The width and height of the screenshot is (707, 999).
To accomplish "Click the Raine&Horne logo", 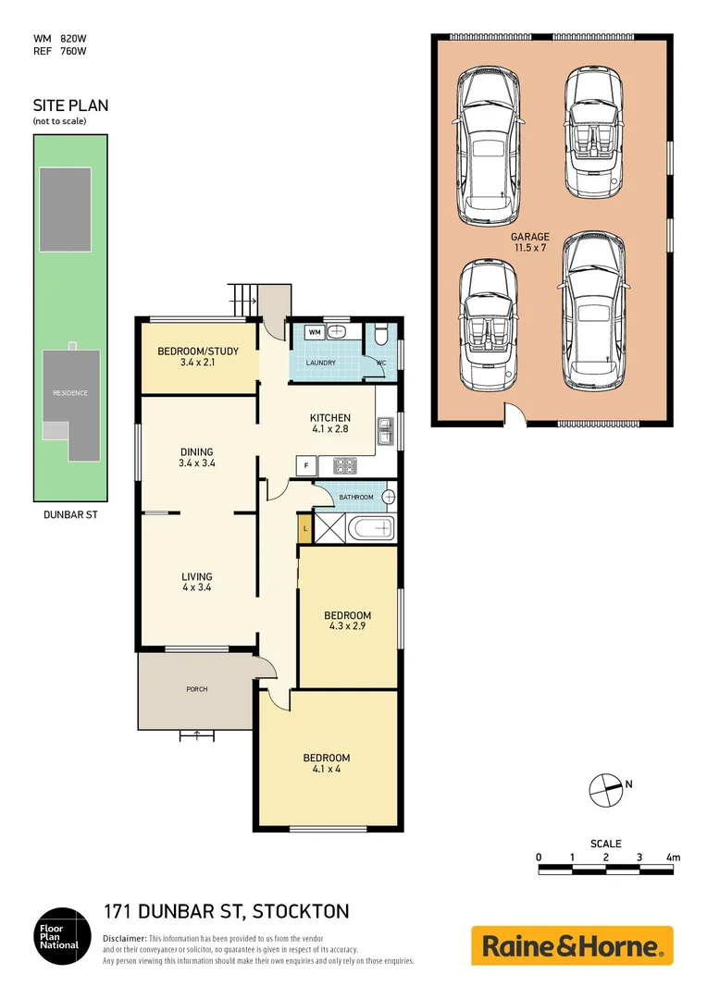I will tap(572, 946).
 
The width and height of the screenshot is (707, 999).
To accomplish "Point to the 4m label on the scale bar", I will tap(673, 857).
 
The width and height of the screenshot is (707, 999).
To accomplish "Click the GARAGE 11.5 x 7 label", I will tap(530, 243).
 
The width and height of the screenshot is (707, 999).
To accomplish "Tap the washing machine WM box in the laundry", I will tap(314, 331).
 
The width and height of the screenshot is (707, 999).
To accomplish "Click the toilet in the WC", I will tap(382, 336).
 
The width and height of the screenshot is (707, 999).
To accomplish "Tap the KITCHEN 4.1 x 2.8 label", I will tap(329, 424).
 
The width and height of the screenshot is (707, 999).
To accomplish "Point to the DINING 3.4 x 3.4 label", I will tap(196, 458).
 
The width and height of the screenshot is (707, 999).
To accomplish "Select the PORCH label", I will tap(196, 689).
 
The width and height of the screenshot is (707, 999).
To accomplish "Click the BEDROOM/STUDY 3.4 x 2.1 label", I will tap(196, 356).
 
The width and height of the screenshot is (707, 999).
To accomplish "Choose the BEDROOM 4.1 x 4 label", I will tap(327, 764).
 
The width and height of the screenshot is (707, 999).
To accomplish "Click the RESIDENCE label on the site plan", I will tap(70, 393).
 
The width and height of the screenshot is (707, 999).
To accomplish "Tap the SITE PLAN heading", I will tap(70, 105).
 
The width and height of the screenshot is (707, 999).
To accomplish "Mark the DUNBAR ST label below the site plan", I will tap(70, 514).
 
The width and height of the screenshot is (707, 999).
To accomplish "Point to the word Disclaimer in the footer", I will tap(124, 938).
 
